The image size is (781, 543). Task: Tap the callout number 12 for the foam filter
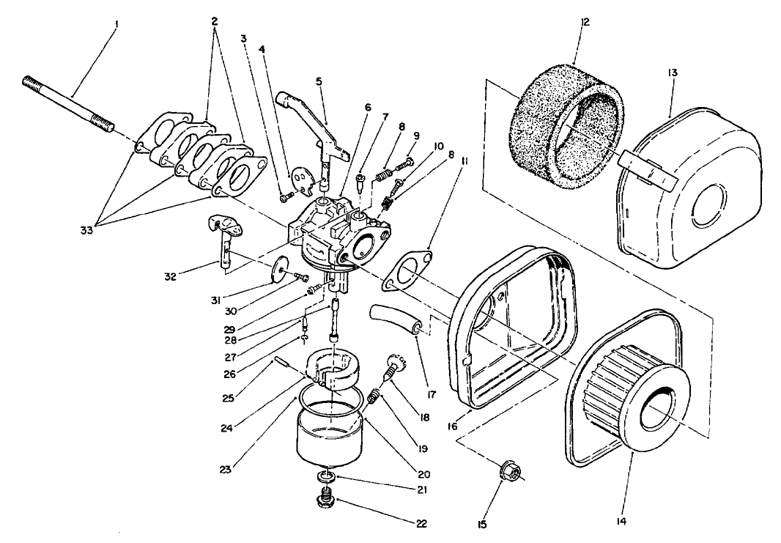tap(584, 23)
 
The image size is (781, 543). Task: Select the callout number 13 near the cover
tap(673, 73)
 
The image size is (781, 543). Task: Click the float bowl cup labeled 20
tap(330, 436)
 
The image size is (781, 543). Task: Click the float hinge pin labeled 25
tap(284, 363)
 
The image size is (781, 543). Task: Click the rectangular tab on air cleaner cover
tap(646, 170)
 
